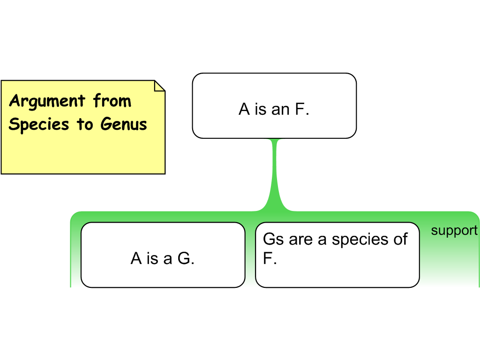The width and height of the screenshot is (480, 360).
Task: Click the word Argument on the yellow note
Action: pos(47,101)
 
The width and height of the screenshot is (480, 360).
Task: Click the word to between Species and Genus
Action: pos(85,125)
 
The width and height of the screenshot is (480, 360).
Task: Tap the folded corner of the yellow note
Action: pos(159,86)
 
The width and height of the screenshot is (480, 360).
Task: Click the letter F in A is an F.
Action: pos(300,110)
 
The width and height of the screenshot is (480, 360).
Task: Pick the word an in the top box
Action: pos(280,110)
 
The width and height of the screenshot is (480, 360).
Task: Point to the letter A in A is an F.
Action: pos(244,110)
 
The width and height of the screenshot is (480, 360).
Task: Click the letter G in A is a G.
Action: pos(185,258)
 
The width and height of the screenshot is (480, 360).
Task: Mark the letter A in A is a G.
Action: pos(136,258)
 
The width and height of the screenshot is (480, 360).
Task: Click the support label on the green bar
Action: pos(454,231)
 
